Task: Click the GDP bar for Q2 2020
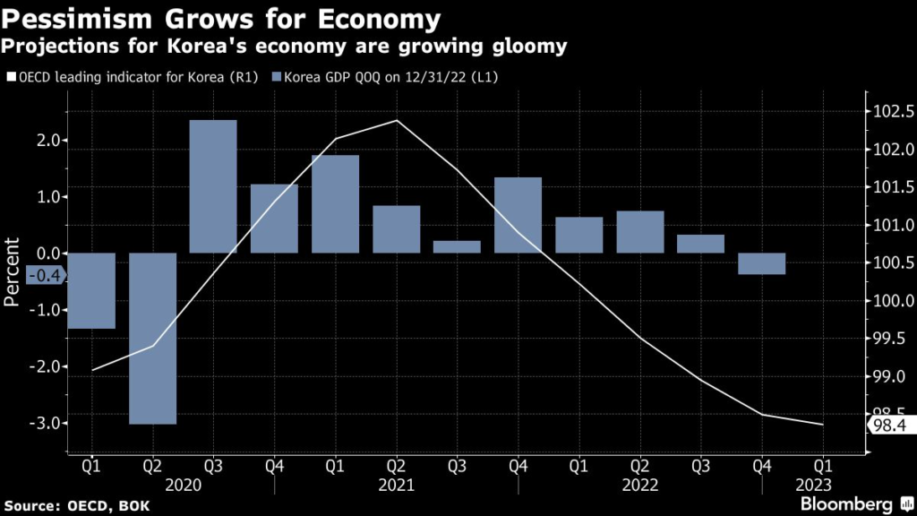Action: pyautogui.click(x=152, y=338)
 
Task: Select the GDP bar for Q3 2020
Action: pyautogui.click(x=213, y=186)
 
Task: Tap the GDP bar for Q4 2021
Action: pyautogui.click(x=518, y=215)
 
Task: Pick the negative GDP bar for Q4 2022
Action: pyautogui.click(x=761, y=263)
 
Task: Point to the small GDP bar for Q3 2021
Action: pyautogui.click(x=457, y=246)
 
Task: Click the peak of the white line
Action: pyautogui.click(x=396, y=120)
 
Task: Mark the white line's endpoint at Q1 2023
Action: pyautogui.click(x=822, y=425)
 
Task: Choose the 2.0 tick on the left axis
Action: pyautogui.click(x=49, y=141)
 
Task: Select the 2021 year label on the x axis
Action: pyautogui.click(x=396, y=485)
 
